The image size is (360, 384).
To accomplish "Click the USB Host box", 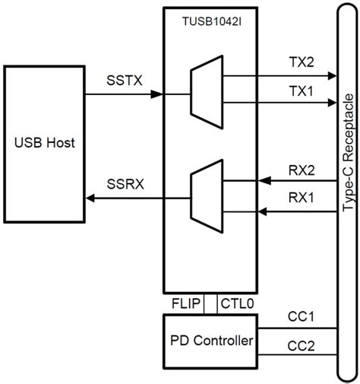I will coord(45,143).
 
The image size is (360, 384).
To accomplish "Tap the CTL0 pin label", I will coord(237,303).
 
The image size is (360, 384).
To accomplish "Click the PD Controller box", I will coord(210,341).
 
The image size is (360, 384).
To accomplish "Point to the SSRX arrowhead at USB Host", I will coord(90,198).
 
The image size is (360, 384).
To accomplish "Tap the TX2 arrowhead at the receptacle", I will coord(331,76).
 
